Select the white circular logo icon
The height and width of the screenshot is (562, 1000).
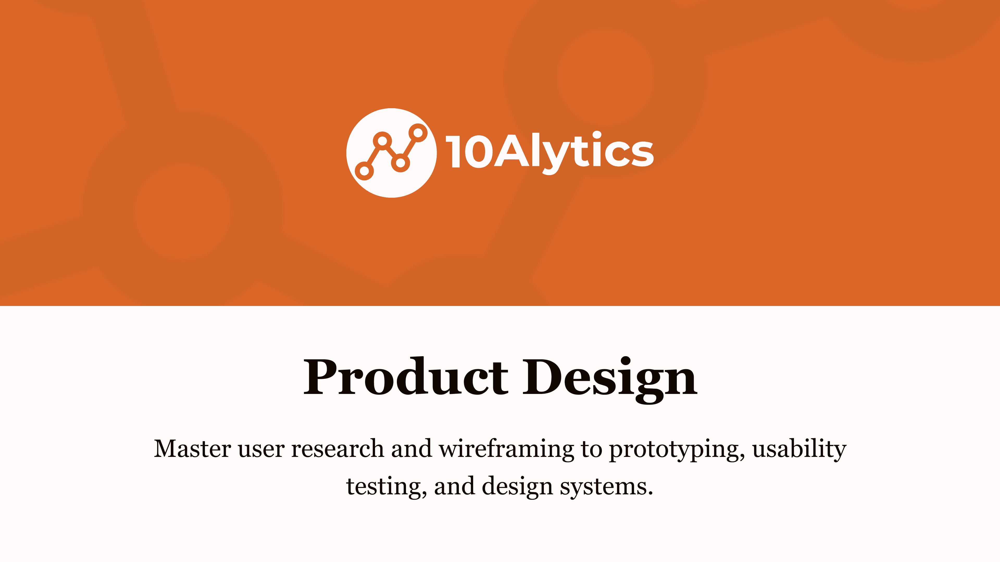point(391,153)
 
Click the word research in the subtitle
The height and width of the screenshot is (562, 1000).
point(337,449)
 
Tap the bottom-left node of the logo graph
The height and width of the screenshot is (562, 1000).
point(364,171)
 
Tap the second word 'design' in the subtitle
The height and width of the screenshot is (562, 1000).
point(517,487)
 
